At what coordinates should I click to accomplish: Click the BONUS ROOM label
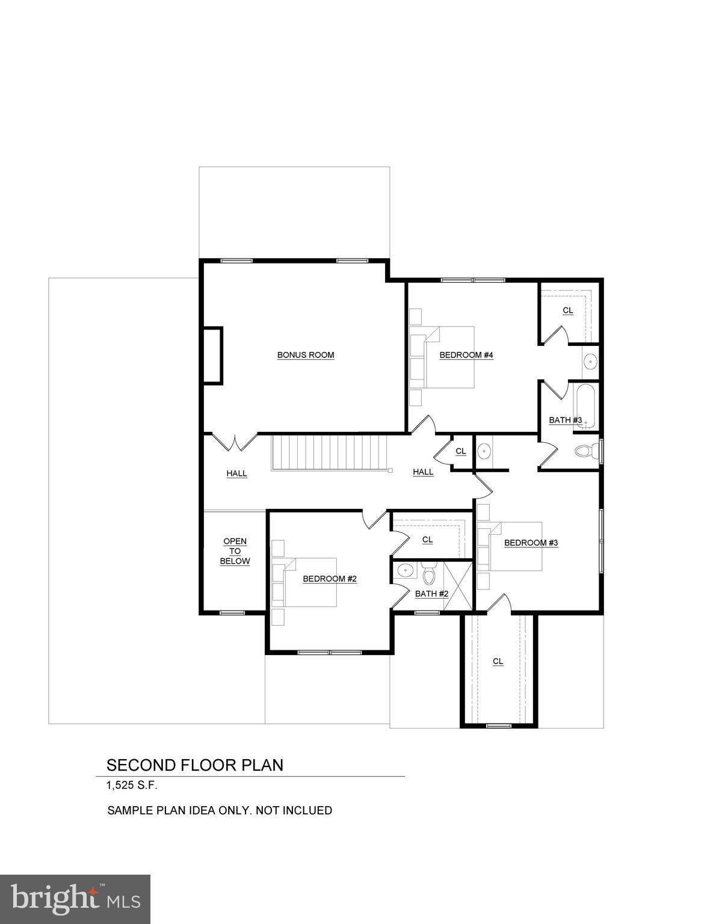click(305, 355)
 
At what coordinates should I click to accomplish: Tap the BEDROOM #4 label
click(466, 355)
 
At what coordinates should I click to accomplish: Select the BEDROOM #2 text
click(330, 579)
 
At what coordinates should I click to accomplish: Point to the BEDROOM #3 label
click(531, 543)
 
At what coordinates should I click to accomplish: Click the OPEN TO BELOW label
click(235, 551)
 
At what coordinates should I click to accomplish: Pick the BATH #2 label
click(431, 594)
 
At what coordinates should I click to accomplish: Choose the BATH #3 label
click(565, 420)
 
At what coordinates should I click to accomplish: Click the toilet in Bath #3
click(588, 452)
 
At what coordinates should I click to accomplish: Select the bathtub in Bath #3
click(586, 406)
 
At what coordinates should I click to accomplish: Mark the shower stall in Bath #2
click(457, 587)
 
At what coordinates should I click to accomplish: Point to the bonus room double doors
click(234, 442)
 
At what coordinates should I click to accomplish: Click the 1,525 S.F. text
click(132, 786)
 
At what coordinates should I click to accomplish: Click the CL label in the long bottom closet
click(498, 661)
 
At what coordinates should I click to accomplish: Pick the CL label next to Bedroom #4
click(567, 310)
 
